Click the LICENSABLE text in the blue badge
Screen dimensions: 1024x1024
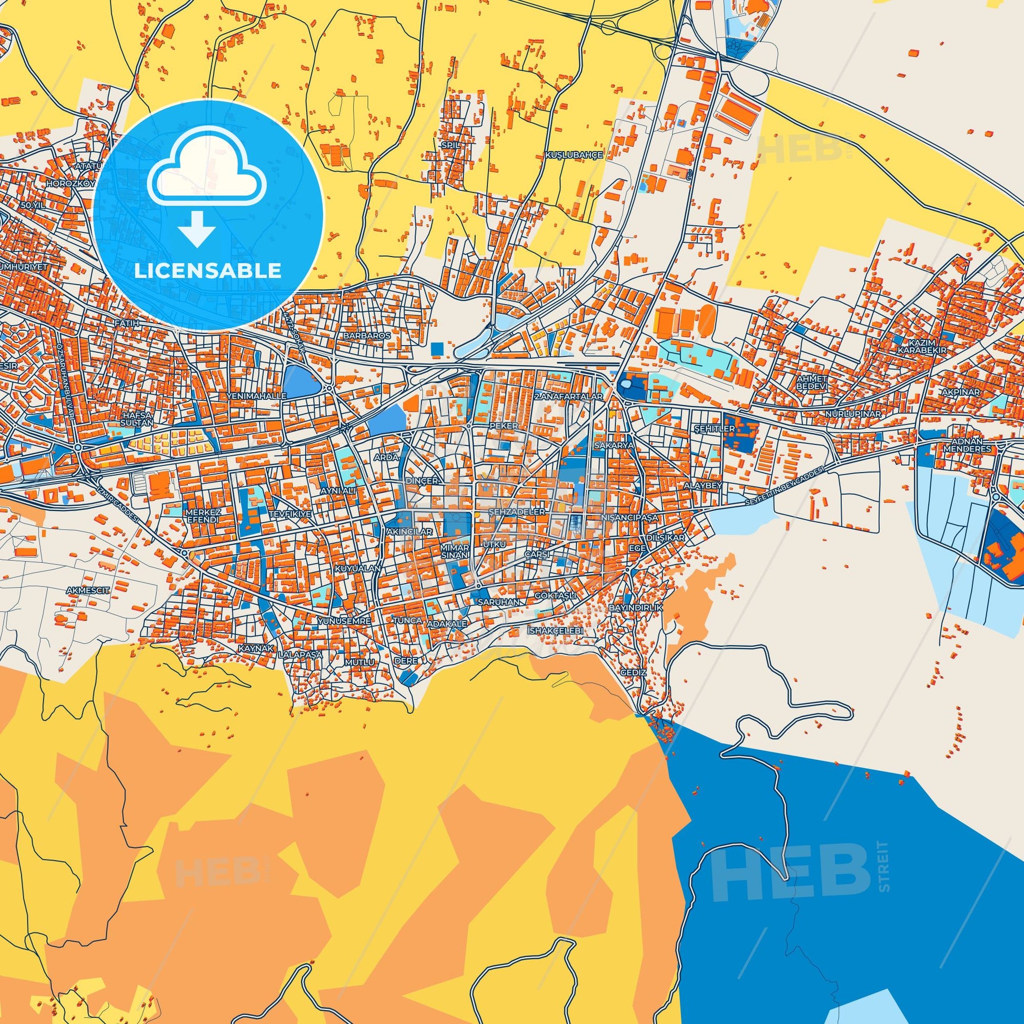point(208,271)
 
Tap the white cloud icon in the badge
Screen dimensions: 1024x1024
point(208,175)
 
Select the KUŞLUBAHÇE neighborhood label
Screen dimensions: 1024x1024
point(575,155)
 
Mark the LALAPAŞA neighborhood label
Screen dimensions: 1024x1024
point(300,655)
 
